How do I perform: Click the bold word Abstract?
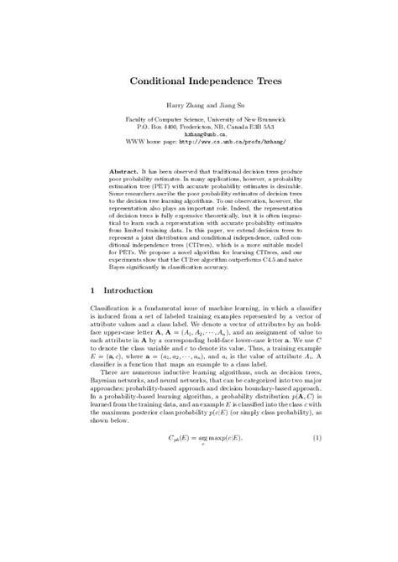click(126, 169)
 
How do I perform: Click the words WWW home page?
click(147, 142)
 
